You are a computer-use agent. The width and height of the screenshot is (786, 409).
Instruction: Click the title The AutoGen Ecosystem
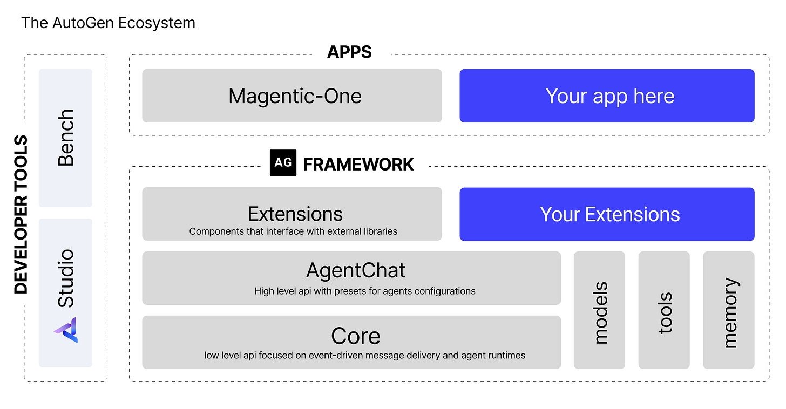[108, 23]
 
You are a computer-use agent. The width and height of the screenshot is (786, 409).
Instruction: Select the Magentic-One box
[292, 96]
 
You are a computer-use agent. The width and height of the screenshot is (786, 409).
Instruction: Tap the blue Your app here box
[607, 96]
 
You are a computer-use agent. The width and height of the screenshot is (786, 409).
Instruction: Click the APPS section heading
[349, 52]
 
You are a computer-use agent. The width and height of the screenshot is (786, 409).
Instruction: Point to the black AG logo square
[283, 163]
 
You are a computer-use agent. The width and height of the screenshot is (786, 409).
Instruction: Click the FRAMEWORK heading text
[358, 164]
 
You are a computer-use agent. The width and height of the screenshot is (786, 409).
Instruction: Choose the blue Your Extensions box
[607, 214]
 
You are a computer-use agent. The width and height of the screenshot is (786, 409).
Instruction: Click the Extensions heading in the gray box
[295, 214]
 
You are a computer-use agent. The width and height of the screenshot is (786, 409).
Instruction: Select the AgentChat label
[356, 270]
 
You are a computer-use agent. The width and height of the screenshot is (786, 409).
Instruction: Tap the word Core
[356, 336]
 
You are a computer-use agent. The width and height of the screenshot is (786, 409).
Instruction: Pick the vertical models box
[600, 311]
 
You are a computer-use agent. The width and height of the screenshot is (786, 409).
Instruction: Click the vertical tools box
[664, 311]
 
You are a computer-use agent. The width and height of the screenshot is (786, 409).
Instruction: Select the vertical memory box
[729, 311]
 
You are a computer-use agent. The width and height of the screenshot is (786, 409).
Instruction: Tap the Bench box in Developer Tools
[66, 138]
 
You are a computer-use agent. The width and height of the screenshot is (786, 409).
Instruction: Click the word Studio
[66, 278]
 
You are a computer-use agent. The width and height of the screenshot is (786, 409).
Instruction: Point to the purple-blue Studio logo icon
[66, 330]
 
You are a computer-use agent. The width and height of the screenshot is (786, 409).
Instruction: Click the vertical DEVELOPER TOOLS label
[21, 215]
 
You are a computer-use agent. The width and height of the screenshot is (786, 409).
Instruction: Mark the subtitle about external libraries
[293, 231]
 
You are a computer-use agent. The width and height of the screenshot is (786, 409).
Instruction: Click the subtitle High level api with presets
[365, 291]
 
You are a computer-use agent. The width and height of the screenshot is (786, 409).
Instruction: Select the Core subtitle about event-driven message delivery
[365, 356]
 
